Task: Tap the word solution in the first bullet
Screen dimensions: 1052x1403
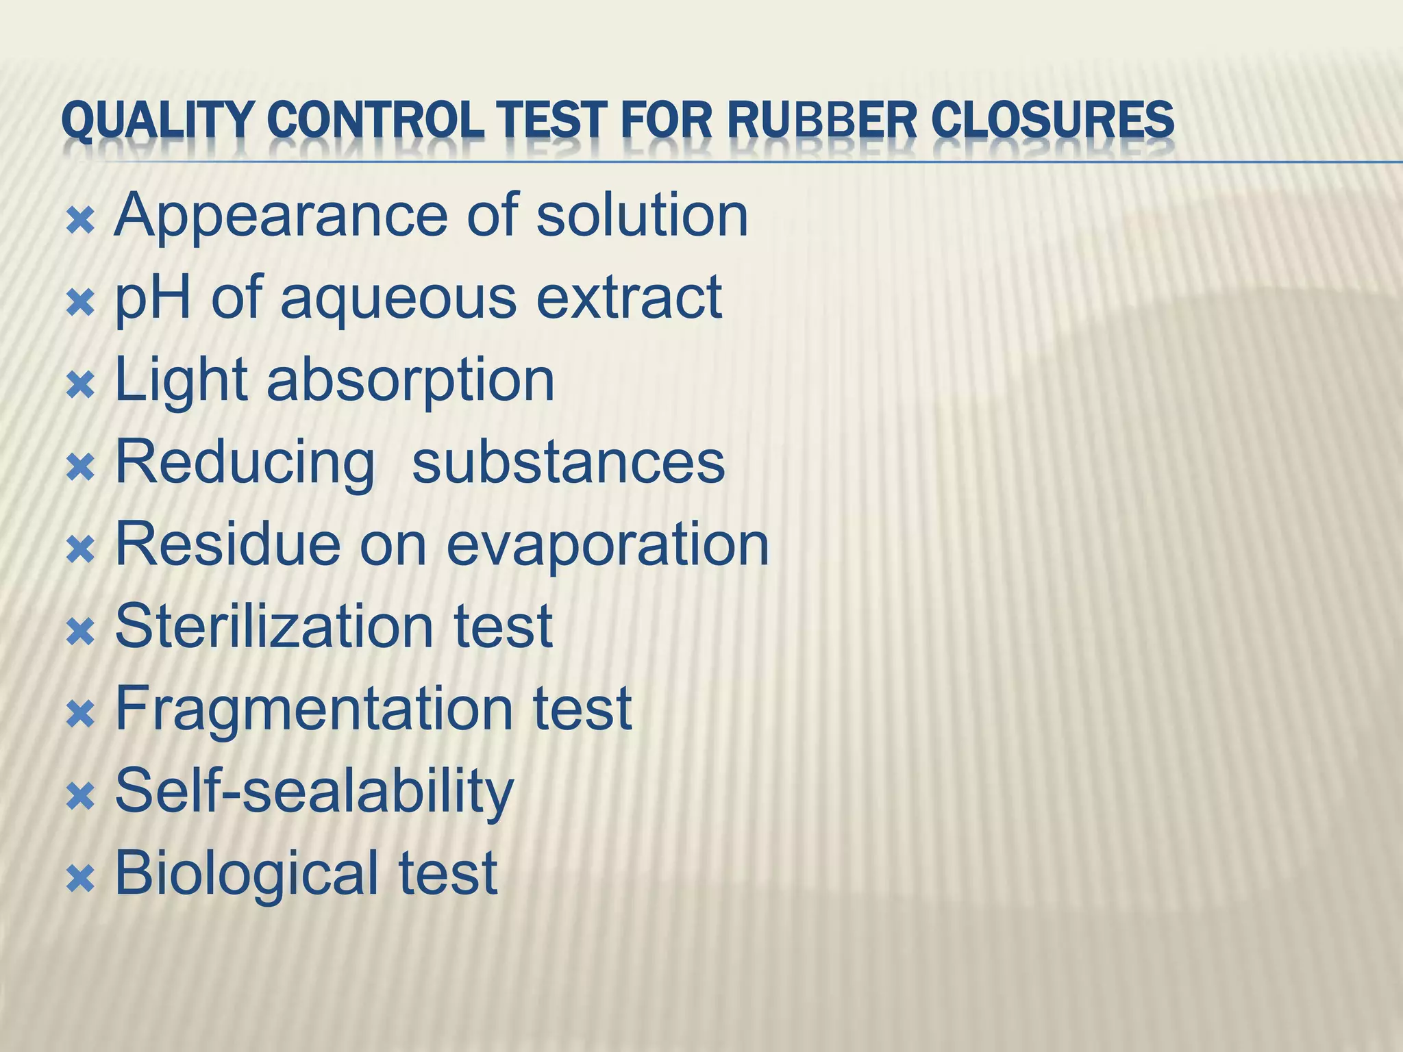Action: (642, 215)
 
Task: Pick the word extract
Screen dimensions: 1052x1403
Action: (629, 298)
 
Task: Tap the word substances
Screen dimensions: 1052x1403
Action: (568, 463)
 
